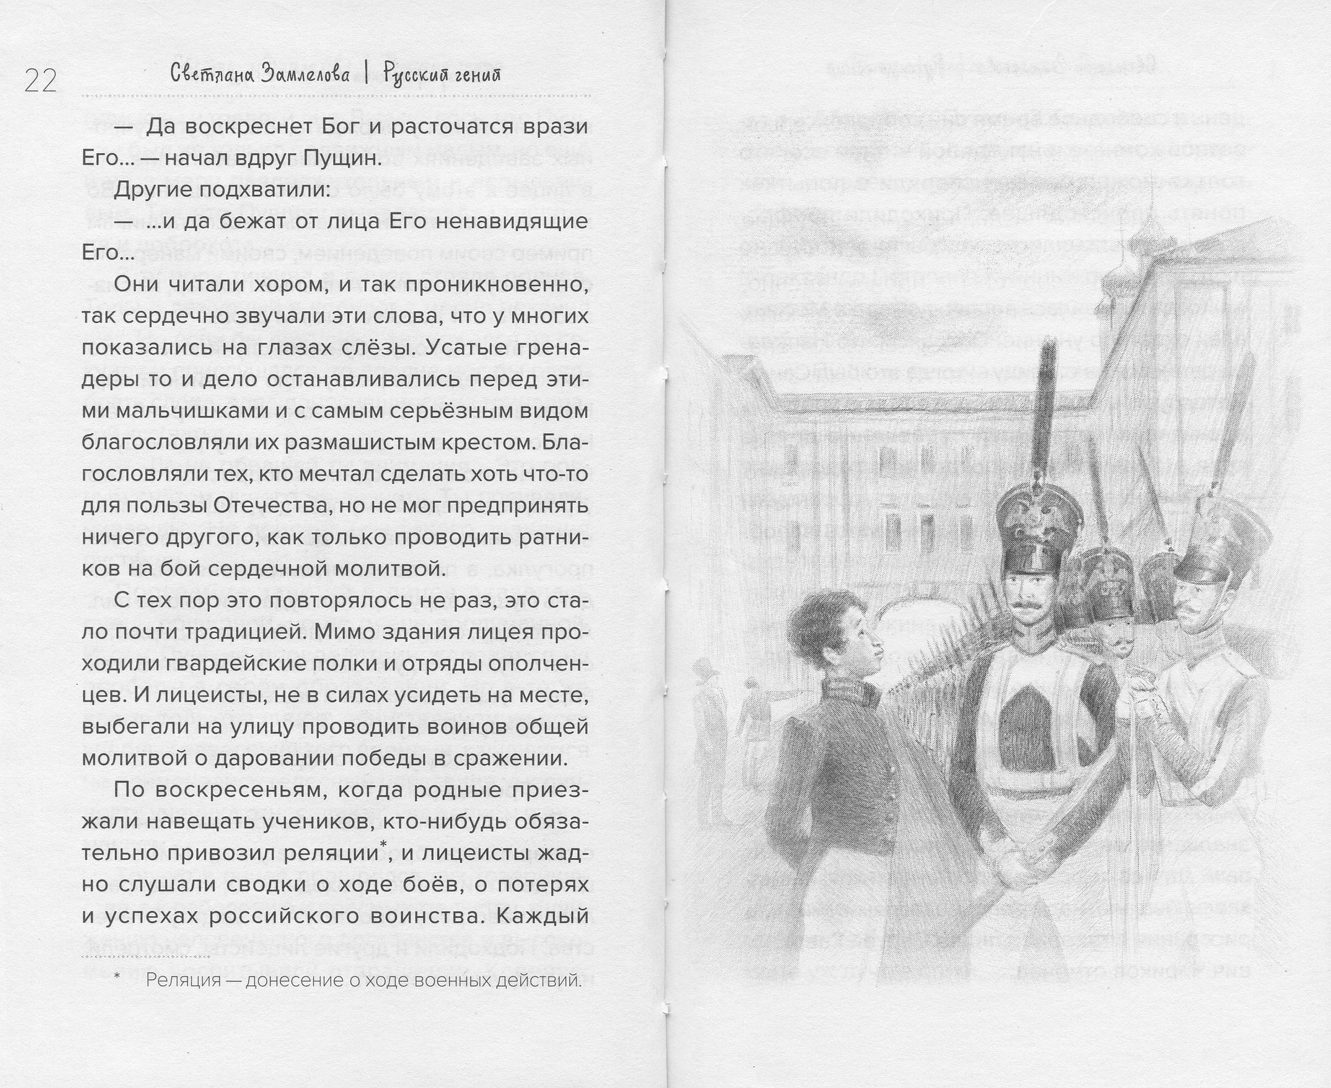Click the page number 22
click(x=41, y=82)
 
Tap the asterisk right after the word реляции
click(x=384, y=848)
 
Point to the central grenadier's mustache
click(x=1026, y=606)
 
